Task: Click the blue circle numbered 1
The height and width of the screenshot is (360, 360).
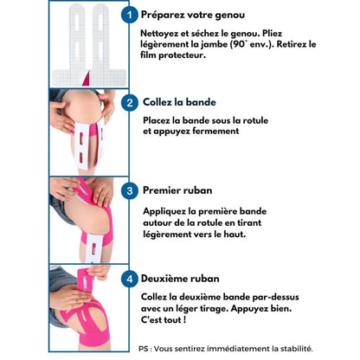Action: [129, 15]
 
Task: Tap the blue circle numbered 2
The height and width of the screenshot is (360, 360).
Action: [130, 103]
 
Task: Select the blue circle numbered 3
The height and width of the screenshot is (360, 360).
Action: [130, 190]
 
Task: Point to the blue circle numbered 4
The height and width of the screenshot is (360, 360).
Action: [130, 279]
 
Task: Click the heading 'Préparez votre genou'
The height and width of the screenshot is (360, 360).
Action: [193, 15]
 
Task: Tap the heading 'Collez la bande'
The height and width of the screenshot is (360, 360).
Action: [179, 102]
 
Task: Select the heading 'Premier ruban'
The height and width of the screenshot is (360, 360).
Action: [177, 190]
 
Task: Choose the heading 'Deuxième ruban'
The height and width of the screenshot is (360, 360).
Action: [180, 279]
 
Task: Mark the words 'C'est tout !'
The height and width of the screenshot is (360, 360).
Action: [164, 320]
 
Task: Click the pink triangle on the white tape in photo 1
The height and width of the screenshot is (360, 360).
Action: [87, 78]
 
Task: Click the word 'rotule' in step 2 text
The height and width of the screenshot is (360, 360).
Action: [255, 120]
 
